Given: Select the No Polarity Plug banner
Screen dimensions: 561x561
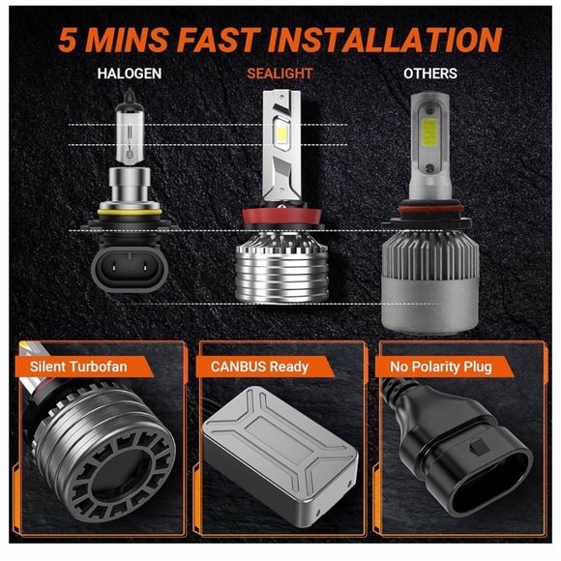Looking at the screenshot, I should pos(440,367).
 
